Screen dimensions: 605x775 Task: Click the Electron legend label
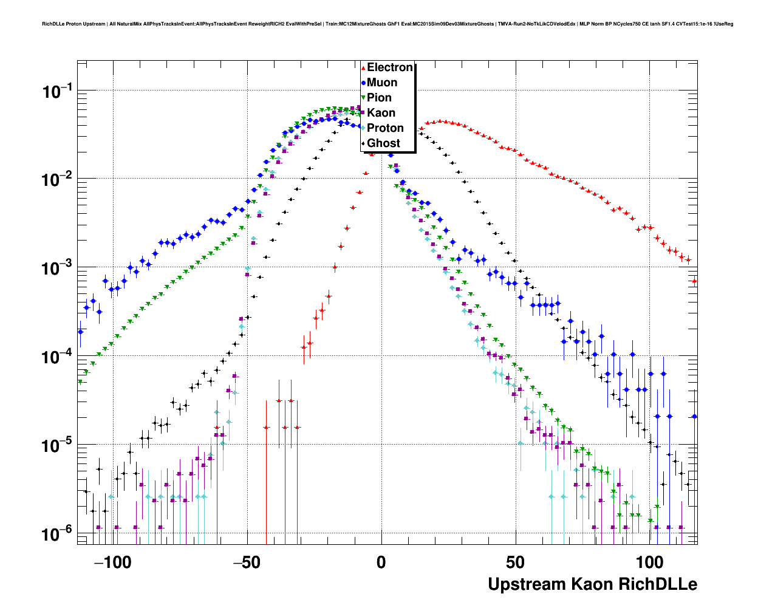click(390, 67)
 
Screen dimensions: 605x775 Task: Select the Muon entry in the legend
click(382, 83)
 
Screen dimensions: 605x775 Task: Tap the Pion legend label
click(379, 98)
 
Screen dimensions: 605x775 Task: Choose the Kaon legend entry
click(381, 113)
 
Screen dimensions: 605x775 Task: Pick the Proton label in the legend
click(385, 128)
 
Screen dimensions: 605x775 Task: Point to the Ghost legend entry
click(383, 143)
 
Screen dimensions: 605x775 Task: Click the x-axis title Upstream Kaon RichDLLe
click(592, 584)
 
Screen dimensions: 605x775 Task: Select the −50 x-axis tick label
click(247, 562)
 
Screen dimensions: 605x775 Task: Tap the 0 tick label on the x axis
click(381, 562)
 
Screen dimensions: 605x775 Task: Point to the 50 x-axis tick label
click(516, 562)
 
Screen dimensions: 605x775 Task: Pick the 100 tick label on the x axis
click(650, 562)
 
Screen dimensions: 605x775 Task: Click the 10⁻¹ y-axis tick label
click(58, 92)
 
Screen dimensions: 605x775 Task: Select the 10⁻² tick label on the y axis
click(58, 180)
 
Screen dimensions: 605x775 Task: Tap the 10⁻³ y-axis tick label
click(58, 269)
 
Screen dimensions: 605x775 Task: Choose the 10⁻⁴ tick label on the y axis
click(58, 357)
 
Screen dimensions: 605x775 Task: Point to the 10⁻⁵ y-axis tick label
click(58, 446)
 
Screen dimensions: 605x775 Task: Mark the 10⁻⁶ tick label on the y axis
click(58, 535)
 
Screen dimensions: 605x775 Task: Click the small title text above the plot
click(387, 24)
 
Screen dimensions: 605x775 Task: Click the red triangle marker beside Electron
click(363, 68)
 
